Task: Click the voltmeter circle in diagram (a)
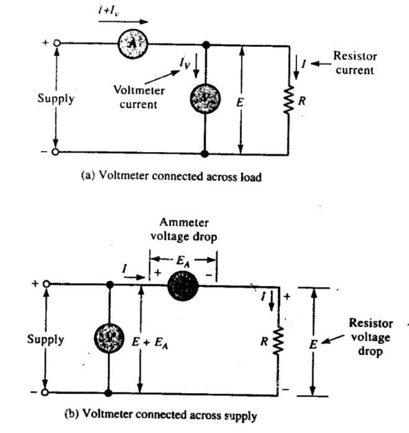click(205, 98)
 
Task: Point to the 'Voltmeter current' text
click(139, 98)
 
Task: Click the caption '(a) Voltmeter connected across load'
click(171, 177)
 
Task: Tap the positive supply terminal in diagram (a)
click(56, 43)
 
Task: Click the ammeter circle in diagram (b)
click(183, 287)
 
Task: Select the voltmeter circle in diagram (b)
click(109, 339)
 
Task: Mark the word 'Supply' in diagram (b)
click(46, 339)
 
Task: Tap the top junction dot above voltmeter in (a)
click(205, 44)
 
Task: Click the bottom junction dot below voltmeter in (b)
click(109, 393)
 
